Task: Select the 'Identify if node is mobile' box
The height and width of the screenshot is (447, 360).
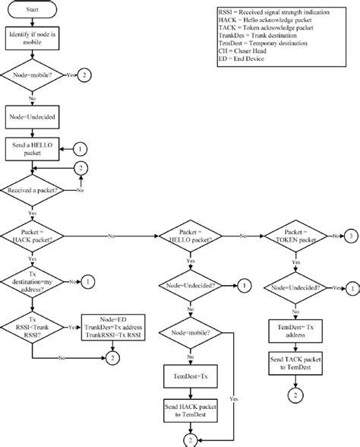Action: point(32,40)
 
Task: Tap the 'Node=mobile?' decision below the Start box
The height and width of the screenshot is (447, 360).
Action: point(32,76)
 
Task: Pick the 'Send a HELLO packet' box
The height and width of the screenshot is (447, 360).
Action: point(32,148)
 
